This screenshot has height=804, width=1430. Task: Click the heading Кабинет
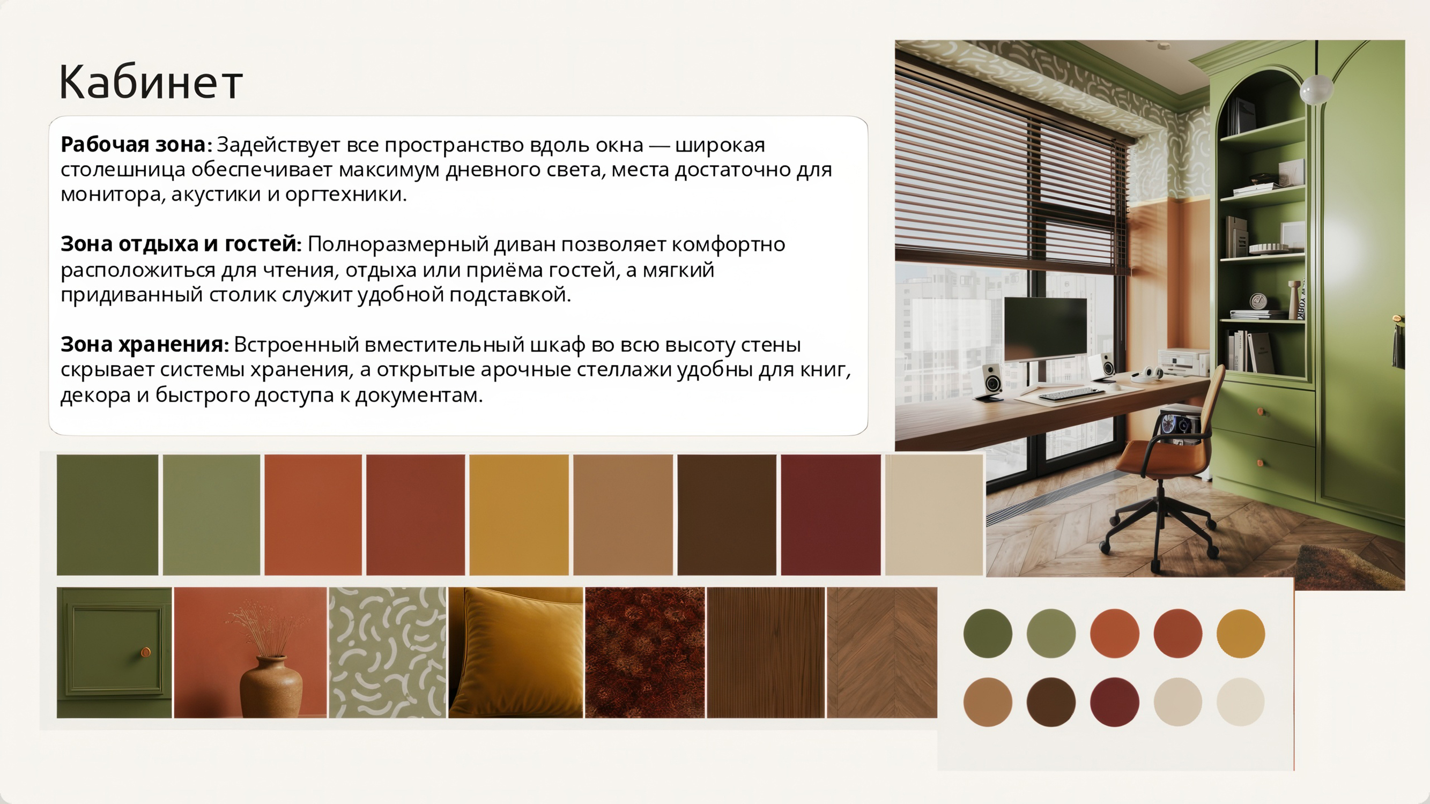tap(151, 81)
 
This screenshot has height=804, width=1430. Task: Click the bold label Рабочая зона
tap(133, 144)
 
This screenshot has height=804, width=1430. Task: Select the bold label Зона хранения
tap(142, 345)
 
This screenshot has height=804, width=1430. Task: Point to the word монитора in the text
tap(110, 194)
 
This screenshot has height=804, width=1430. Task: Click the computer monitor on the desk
tap(1046, 330)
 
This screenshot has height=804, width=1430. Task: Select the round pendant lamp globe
tap(1317, 89)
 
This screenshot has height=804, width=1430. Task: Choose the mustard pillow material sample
tap(516, 652)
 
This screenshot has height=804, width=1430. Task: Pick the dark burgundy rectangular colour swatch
tap(831, 515)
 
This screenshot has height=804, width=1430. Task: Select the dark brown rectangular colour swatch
tap(727, 515)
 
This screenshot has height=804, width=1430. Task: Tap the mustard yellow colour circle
tap(1241, 634)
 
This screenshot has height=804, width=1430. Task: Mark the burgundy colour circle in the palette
tap(1114, 702)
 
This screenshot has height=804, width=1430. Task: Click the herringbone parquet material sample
tap(882, 652)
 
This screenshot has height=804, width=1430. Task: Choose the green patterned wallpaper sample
tap(388, 652)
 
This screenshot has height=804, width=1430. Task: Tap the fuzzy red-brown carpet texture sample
tap(644, 652)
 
